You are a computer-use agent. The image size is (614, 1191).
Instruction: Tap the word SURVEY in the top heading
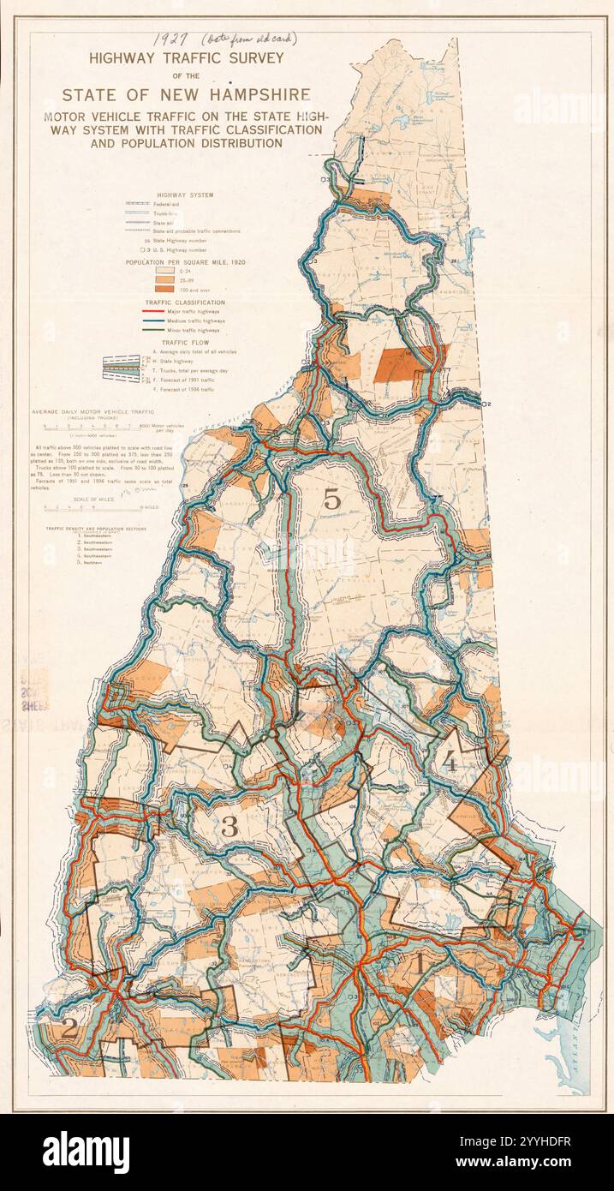(x=254, y=57)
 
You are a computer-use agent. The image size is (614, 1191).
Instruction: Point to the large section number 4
(x=450, y=758)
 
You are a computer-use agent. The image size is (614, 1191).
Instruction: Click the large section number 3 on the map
(x=230, y=827)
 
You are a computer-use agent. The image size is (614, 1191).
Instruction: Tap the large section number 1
(x=419, y=964)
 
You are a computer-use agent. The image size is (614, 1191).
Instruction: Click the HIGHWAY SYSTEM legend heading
(x=186, y=195)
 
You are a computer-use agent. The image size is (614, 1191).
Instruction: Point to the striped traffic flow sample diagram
(x=121, y=367)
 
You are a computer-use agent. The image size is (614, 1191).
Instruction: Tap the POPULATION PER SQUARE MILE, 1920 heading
(x=185, y=260)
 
